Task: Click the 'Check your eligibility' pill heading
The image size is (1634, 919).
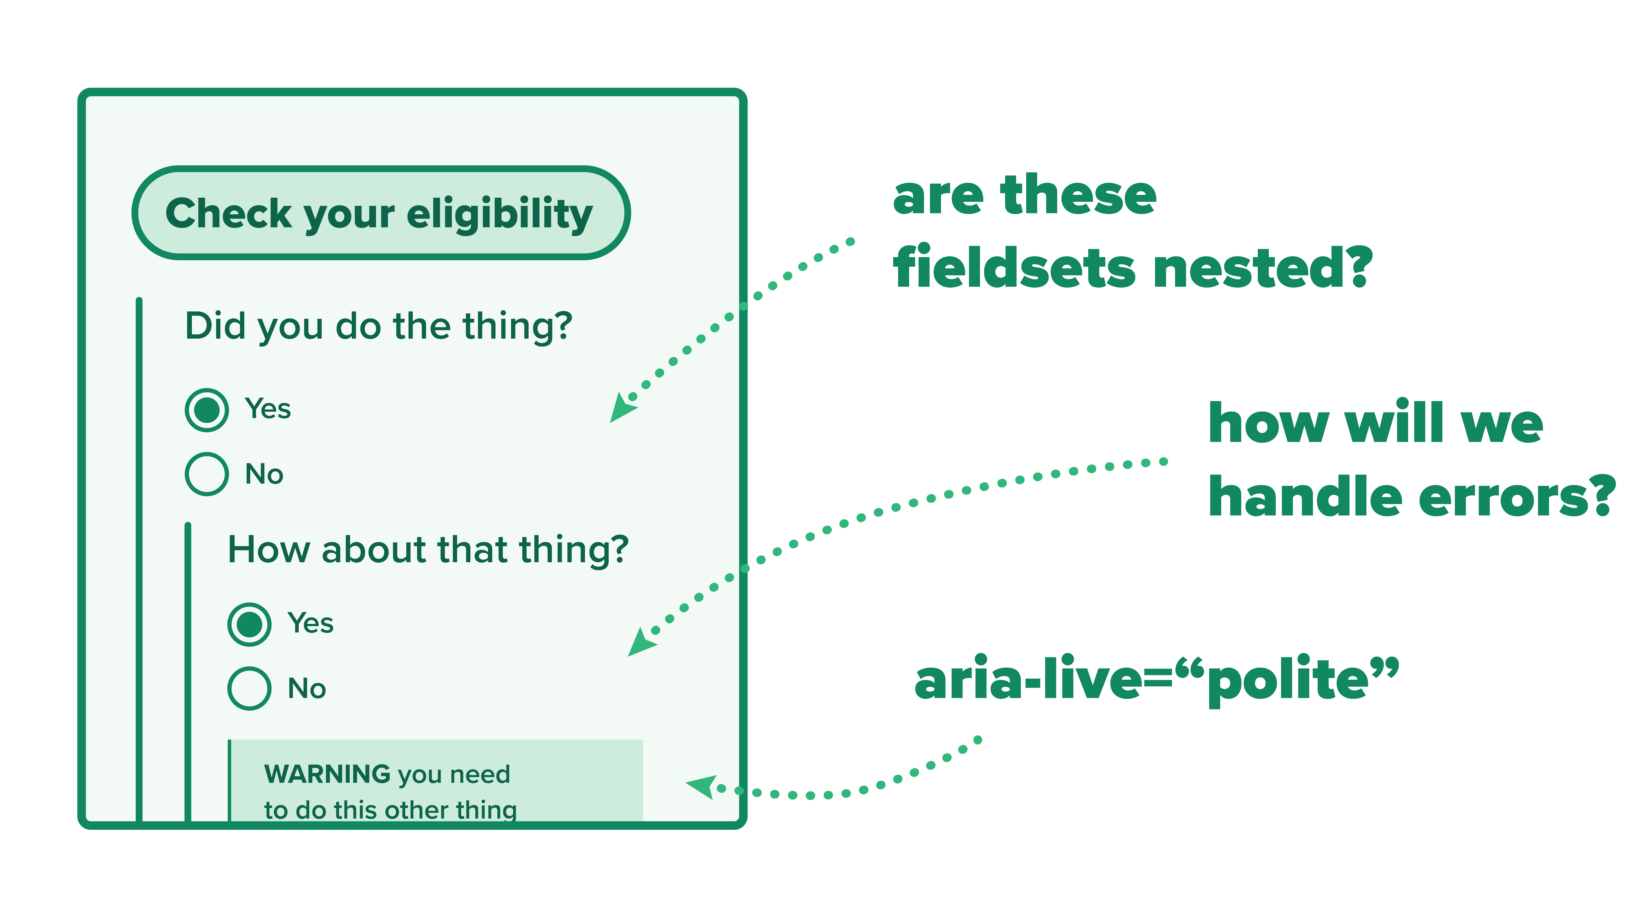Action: (x=381, y=213)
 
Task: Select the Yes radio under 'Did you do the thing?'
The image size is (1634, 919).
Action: (x=207, y=410)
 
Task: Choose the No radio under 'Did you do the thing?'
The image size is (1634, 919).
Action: (x=207, y=474)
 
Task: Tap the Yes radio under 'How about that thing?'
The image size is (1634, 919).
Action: (x=249, y=624)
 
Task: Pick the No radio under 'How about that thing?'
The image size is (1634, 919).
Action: (x=249, y=688)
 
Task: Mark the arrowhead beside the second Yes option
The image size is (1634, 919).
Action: (x=641, y=642)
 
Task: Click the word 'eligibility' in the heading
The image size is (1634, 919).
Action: (x=500, y=214)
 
